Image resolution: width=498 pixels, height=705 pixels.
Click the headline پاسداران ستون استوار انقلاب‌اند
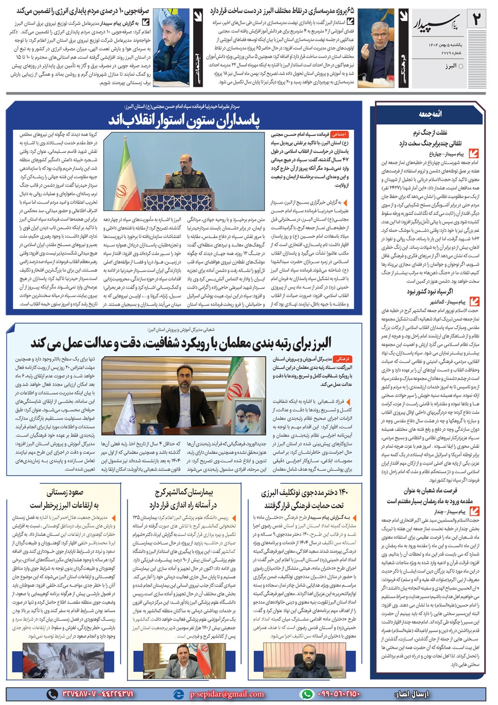pyautogui.click(x=184, y=120)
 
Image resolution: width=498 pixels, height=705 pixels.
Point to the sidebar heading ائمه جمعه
pyautogui.click(x=430, y=114)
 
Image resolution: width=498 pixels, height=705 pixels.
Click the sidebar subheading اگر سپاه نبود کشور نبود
pyautogui.click(x=430, y=292)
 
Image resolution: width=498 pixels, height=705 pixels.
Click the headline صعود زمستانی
pyautogui.click(x=65, y=493)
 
